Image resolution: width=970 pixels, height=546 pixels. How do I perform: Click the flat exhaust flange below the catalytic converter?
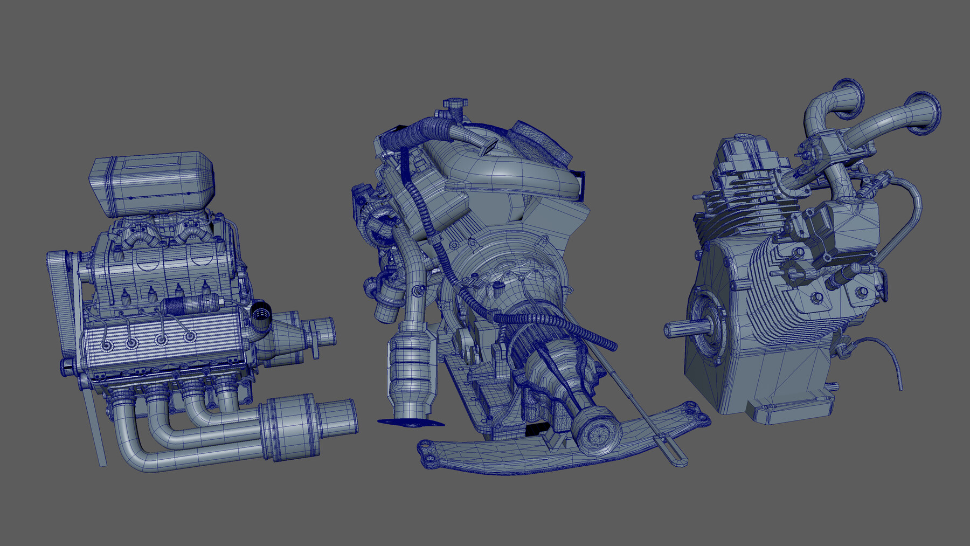pyautogui.click(x=410, y=422)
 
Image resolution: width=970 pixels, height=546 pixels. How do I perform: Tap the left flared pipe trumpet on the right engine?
pyautogui.click(x=848, y=98)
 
